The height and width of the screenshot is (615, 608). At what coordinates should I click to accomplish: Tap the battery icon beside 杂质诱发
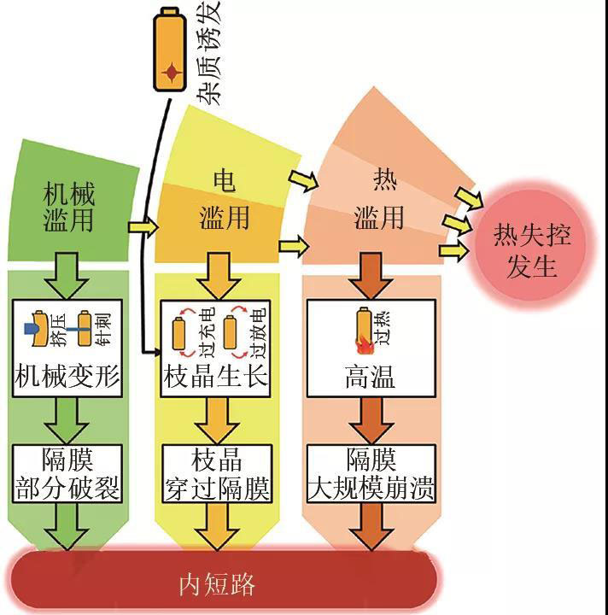tap(171, 52)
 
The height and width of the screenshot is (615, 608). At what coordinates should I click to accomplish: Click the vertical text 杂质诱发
tap(208, 52)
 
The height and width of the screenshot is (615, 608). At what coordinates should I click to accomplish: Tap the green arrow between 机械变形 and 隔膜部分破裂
tap(68, 419)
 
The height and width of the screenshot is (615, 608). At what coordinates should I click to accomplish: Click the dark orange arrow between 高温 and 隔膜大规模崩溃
tap(369, 419)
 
